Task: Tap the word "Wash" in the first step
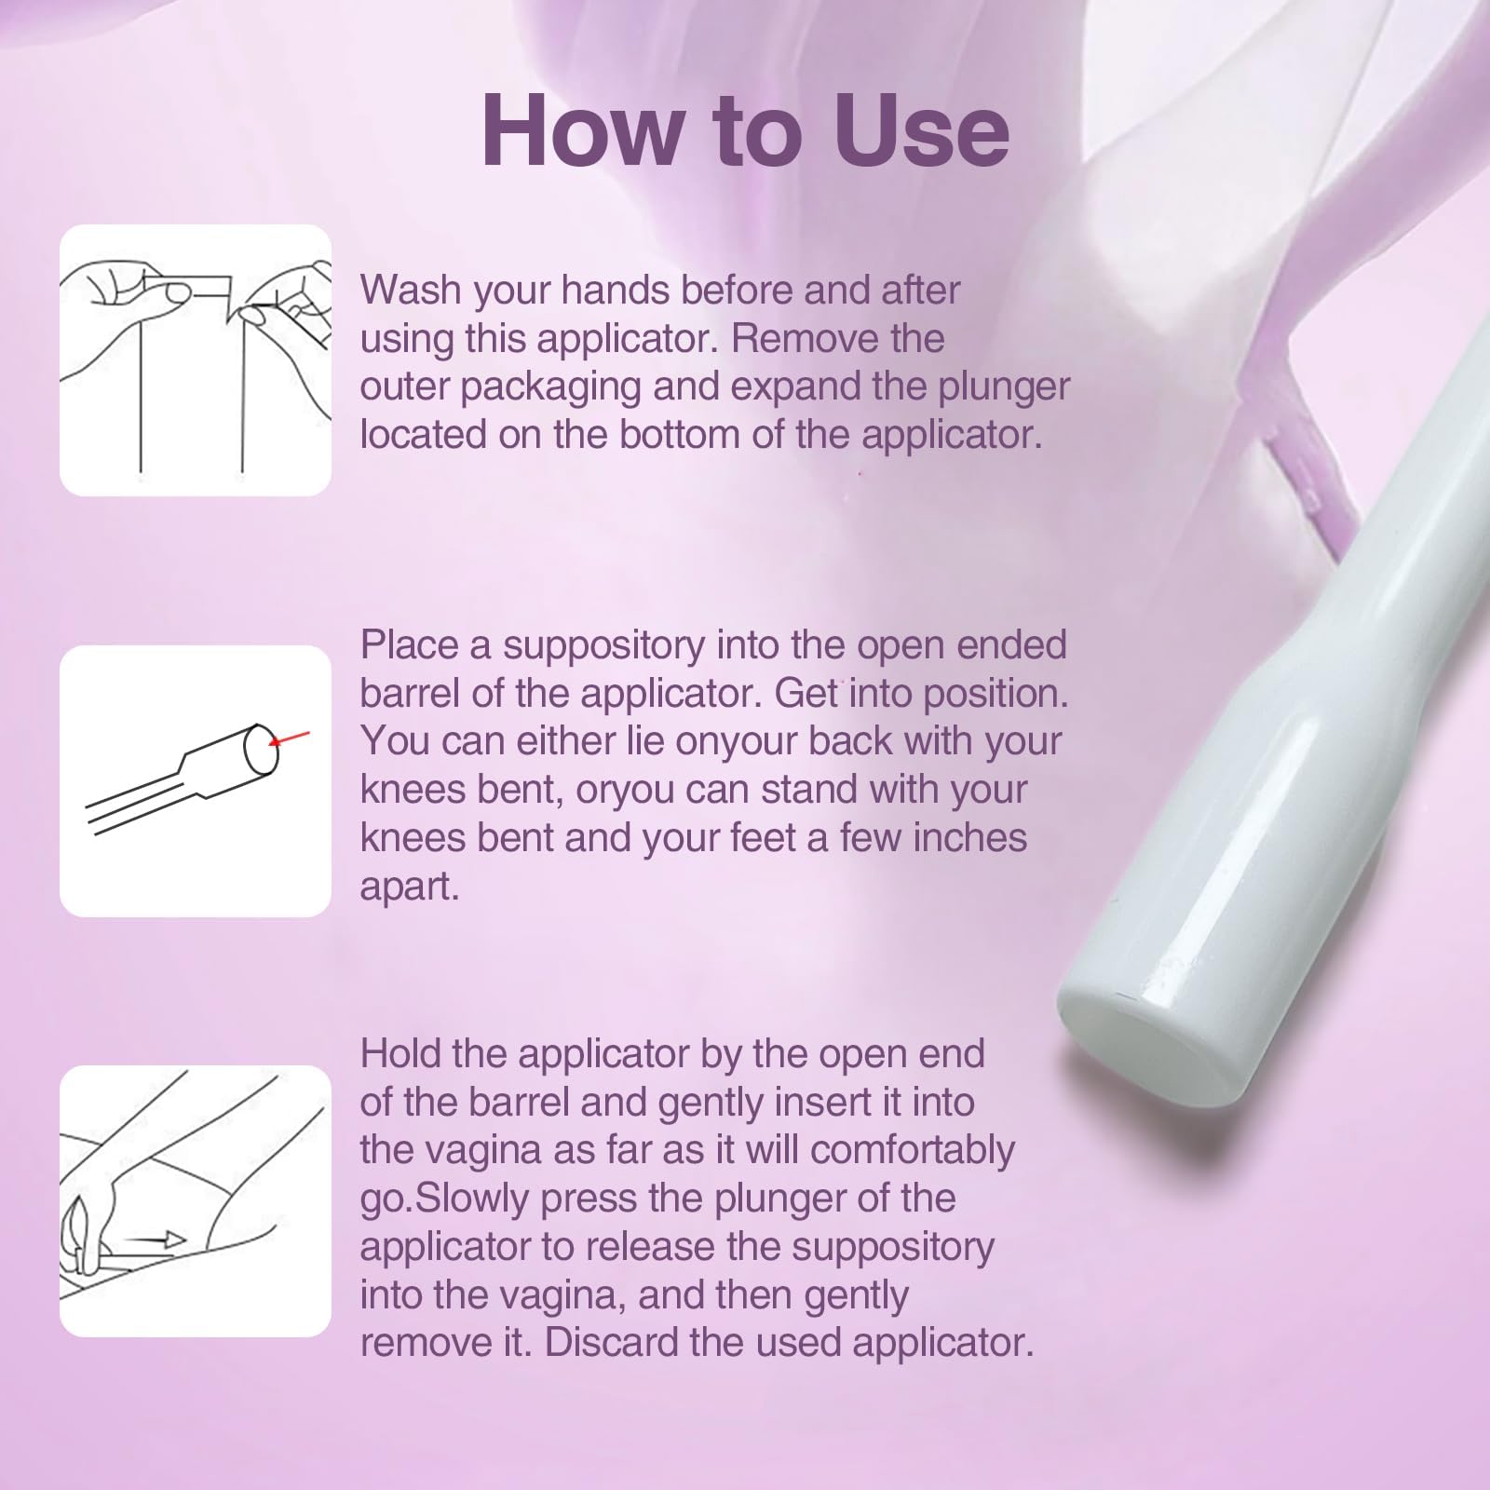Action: pos(410,290)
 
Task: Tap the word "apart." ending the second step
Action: pos(410,887)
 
